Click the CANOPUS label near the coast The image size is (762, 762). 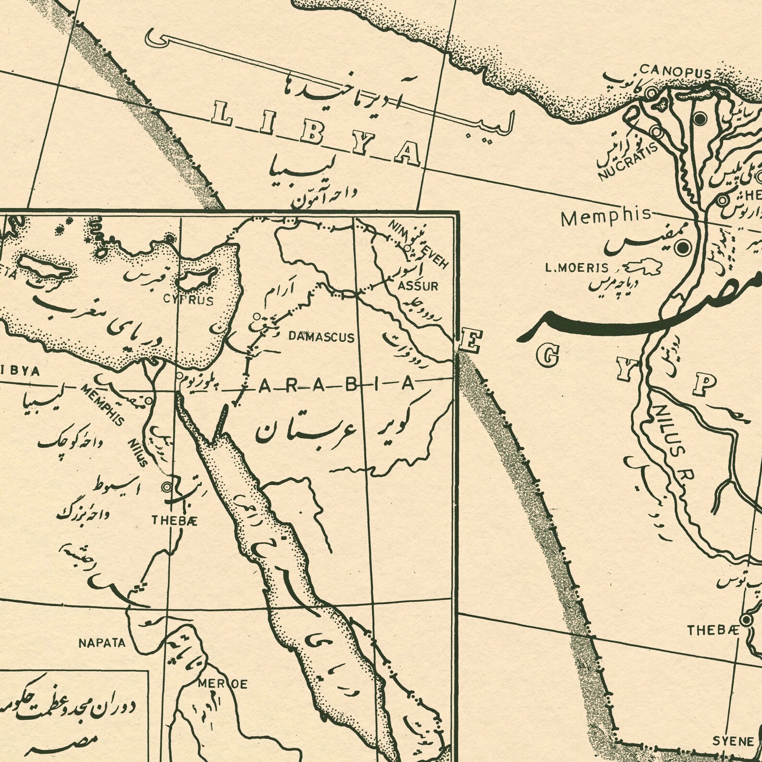tap(674, 71)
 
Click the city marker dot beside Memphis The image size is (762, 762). tap(681, 248)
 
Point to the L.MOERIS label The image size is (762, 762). tap(576, 268)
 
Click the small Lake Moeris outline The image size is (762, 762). tap(641, 266)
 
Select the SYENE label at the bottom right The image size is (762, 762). tap(733, 741)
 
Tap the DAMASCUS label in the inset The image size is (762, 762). tap(321, 337)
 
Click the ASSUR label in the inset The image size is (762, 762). tap(418, 286)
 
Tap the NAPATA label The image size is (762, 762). tap(102, 643)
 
